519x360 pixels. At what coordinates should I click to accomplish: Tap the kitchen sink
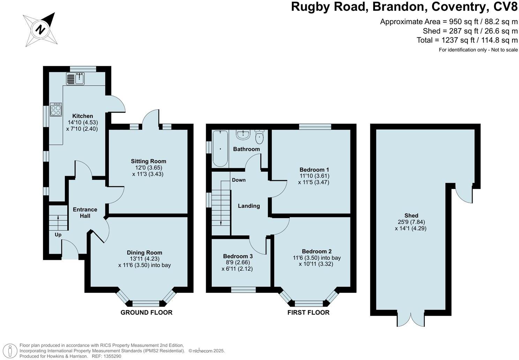pos(75,79)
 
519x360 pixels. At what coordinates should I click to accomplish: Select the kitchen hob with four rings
pos(56,110)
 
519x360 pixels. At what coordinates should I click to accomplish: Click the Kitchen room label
pos(83,116)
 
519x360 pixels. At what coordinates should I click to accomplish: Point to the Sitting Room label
pos(148,161)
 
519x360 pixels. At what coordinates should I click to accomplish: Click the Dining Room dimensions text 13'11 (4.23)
pos(144,259)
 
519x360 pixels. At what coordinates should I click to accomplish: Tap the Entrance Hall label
pos(85,212)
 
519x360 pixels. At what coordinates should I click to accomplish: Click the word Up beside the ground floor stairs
pos(58,235)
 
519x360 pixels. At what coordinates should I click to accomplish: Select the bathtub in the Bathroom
pos(220,149)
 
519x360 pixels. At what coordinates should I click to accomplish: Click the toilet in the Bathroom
pos(259,137)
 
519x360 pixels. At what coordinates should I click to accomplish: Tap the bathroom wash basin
pos(243,134)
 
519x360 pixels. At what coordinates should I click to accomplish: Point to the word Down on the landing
pos(239,180)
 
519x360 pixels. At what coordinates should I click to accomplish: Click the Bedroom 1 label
pos(314,170)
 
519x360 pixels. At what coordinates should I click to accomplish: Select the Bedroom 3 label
pos(238,256)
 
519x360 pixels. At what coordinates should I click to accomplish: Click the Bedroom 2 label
pos(316,251)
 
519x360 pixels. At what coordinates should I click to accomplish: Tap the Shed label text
pos(411,216)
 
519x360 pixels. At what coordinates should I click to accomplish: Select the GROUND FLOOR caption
pos(146,313)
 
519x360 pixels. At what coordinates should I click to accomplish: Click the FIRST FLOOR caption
pos(308,313)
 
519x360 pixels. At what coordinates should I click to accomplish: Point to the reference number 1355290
pos(111,356)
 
